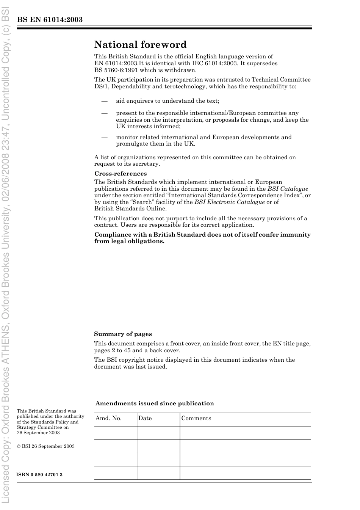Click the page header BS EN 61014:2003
[x=50, y=20]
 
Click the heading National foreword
[x=140, y=45]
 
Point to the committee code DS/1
[x=102, y=86]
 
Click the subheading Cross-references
[x=121, y=174]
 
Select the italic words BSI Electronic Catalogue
[x=229, y=202]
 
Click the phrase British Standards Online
[x=130, y=209]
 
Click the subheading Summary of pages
[x=123, y=334]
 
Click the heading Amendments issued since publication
[x=155, y=403]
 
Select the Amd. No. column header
[x=108, y=418]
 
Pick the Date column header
[x=145, y=418]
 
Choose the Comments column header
[x=196, y=418]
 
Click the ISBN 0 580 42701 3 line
[x=39, y=475]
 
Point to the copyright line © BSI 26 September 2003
[x=45, y=446]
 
